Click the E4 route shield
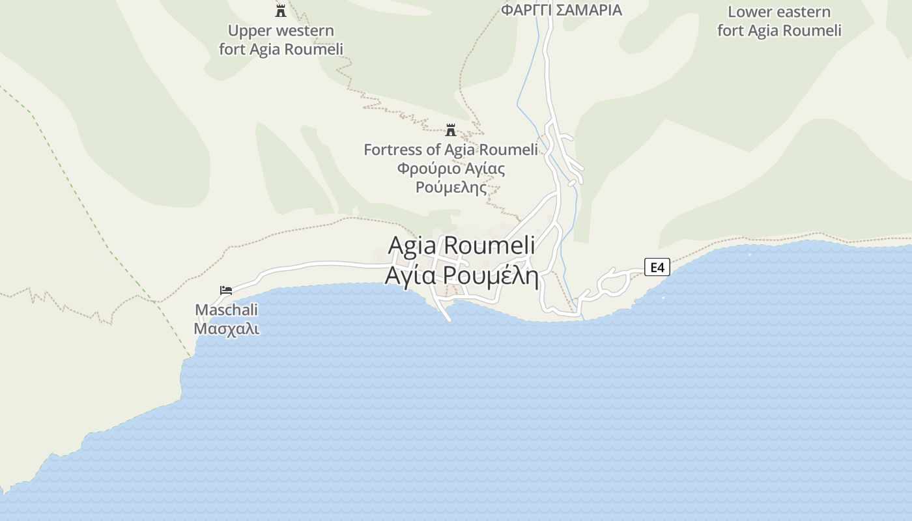tap(657, 267)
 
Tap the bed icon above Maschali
tap(226, 290)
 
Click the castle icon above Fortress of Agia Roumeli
tap(450, 130)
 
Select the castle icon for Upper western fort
tap(281, 10)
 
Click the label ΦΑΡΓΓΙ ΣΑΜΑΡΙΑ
tap(562, 10)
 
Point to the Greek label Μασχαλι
tap(227, 328)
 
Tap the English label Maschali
tap(227, 310)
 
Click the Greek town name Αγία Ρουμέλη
tap(462, 275)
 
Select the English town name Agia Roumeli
tap(462, 246)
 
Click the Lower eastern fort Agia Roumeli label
tap(779, 21)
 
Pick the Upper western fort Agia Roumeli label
tap(281, 40)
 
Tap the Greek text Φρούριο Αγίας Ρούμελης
tap(451, 178)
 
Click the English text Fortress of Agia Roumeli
tap(451, 150)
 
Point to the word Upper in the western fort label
tap(249, 31)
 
